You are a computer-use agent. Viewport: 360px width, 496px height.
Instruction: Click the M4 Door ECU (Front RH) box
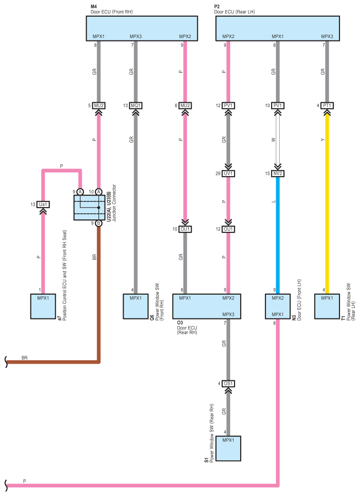(142, 29)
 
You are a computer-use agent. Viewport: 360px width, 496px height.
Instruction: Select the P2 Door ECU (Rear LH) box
(278, 29)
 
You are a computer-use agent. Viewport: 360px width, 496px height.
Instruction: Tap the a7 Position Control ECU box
(43, 306)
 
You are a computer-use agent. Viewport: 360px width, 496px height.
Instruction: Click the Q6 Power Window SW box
(136, 306)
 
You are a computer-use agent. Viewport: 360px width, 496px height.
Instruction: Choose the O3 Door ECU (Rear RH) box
(207, 306)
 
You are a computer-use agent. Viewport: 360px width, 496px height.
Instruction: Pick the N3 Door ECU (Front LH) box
(278, 306)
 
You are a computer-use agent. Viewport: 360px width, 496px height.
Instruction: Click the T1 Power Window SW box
(327, 306)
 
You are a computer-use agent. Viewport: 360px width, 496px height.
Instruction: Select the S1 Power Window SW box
(228, 448)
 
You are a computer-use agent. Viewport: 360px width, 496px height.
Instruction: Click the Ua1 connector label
(43, 204)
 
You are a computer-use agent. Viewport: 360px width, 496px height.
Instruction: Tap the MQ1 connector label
(136, 105)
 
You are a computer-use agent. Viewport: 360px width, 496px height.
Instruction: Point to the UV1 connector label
(228, 173)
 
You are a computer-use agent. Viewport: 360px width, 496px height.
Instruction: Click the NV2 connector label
(278, 173)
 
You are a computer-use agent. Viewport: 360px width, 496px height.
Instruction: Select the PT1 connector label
(327, 105)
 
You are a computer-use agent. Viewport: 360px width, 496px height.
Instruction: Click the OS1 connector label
(228, 383)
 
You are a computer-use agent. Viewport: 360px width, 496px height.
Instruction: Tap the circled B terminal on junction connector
(98, 223)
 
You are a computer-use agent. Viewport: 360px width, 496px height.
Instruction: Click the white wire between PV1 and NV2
(278, 139)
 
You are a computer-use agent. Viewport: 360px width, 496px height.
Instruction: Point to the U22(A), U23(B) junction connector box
(89, 207)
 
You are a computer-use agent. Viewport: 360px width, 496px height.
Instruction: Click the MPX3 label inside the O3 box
(228, 315)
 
